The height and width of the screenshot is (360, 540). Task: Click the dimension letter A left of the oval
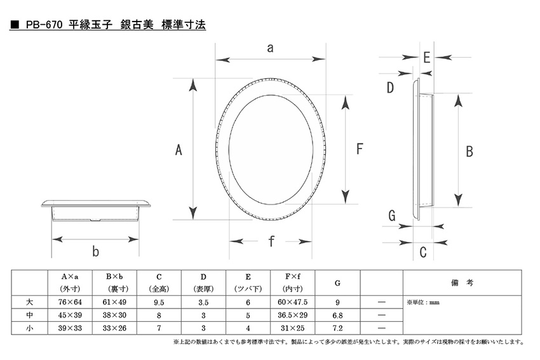pyautogui.click(x=179, y=150)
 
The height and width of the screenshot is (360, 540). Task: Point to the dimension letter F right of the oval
pyautogui.click(x=360, y=149)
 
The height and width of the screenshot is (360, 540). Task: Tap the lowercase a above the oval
pyautogui.click(x=271, y=48)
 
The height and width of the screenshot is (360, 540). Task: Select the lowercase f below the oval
pyautogui.click(x=271, y=241)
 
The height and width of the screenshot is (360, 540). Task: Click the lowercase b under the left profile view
pyautogui.click(x=95, y=251)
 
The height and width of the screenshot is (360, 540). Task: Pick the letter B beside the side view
pyautogui.click(x=469, y=152)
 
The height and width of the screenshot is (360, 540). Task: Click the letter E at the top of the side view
pyautogui.click(x=427, y=58)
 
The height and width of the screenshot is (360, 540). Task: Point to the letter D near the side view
pyautogui.click(x=390, y=88)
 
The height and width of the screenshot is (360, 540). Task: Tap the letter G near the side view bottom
pyautogui.click(x=392, y=216)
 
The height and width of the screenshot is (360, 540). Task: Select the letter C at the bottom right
pyautogui.click(x=423, y=252)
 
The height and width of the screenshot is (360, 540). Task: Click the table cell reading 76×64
pyautogui.click(x=70, y=302)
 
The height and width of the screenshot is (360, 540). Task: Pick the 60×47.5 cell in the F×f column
pyautogui.click(x=292, y=302)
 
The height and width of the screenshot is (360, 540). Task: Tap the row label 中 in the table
pyautogui.click(x=30, y=315)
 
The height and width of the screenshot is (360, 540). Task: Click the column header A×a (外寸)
pyautogui.click(x=70, y=283)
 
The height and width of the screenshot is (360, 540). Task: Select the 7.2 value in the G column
pyautogui.click(x=337, y=328)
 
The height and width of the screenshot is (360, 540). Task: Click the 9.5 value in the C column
pyautogui.click(x=159, y=302)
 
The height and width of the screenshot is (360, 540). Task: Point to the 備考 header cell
pyautogui.click(x=462, y=283)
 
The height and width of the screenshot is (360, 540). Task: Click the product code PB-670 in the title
pyautogui.click(x=44, y=25)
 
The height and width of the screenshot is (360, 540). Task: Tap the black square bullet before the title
pyautogui.click(x=15, y=25)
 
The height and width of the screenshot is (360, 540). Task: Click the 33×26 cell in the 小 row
pyautogui.click(x=114, y=328)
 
